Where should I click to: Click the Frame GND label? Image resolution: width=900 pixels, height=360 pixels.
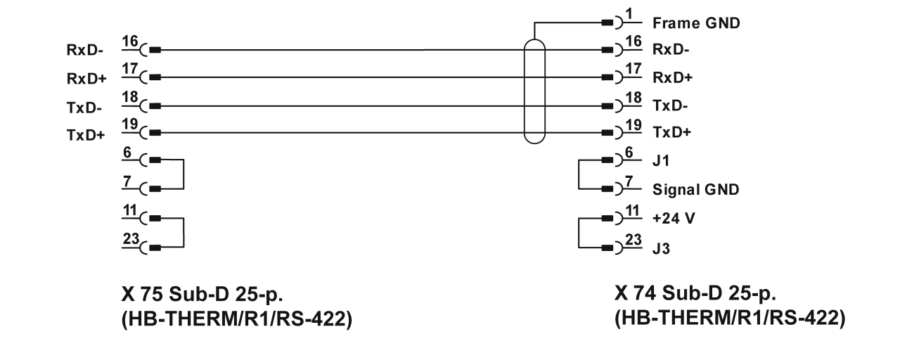[696, 22]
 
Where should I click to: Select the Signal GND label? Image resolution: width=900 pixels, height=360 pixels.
[695, 190]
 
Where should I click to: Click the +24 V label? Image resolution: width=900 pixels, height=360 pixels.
[673, 218]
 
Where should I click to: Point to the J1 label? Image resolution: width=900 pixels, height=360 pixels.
[661, 162]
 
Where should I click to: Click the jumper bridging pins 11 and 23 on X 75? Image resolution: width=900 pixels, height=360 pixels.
[183, 232]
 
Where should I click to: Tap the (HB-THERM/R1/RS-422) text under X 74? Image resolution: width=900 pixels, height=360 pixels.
[728, 318]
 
